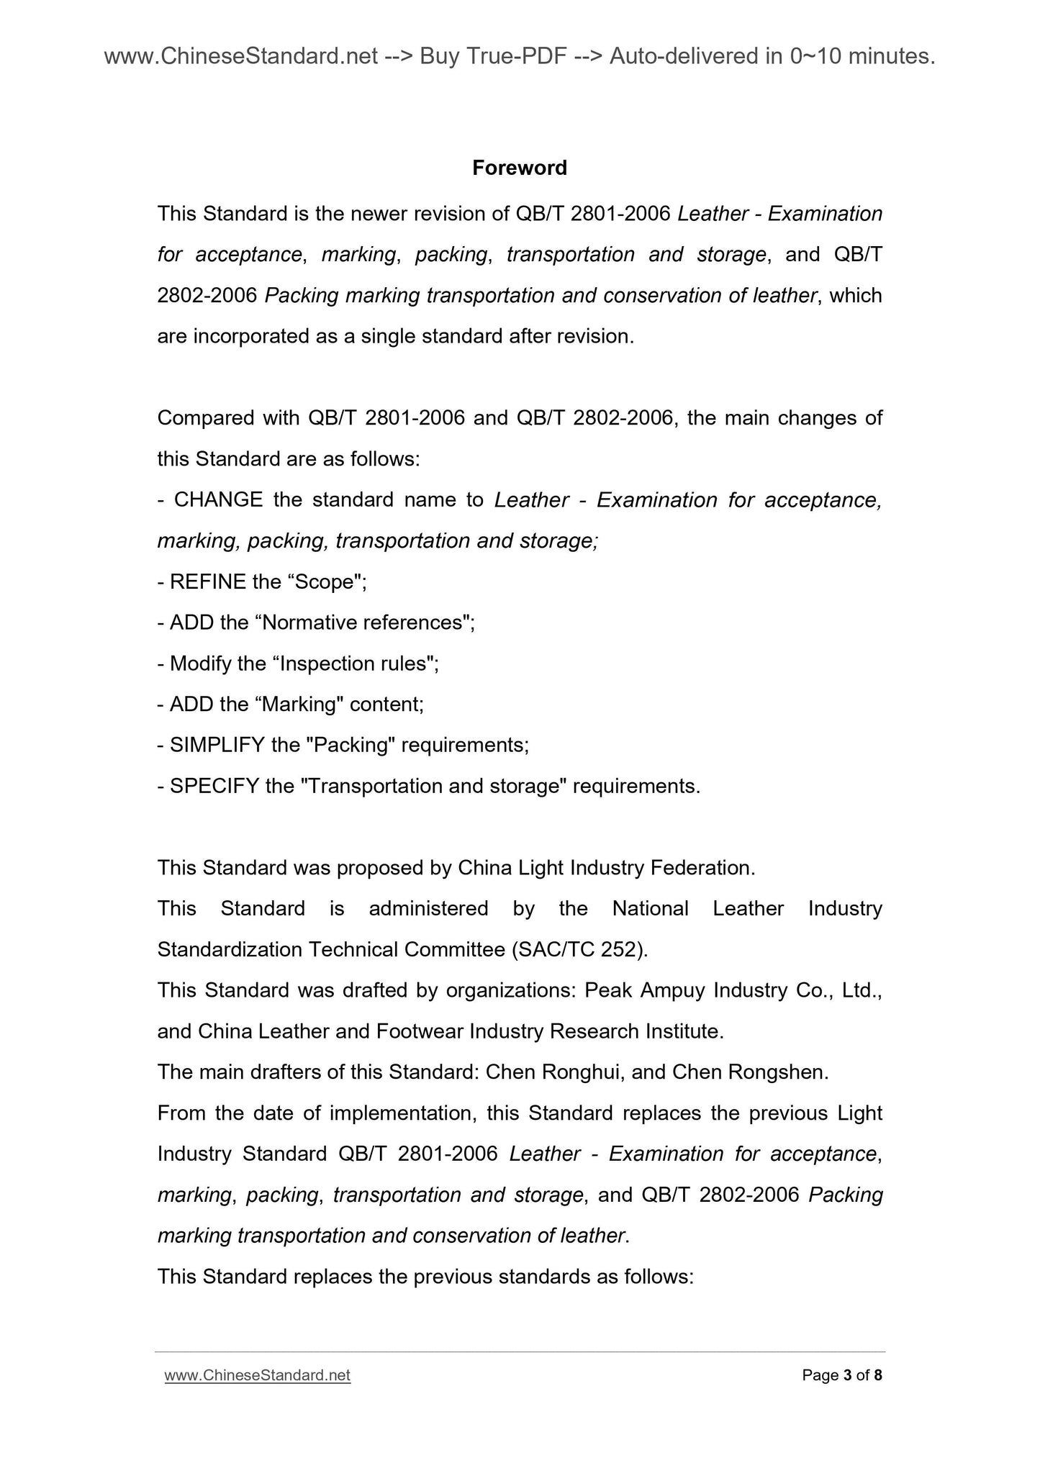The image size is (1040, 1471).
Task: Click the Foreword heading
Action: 519,168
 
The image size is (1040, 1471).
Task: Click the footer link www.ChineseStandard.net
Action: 257,1375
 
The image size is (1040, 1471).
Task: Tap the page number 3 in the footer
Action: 846,1375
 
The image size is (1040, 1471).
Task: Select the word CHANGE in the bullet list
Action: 218,499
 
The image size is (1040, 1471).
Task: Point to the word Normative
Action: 309,622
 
